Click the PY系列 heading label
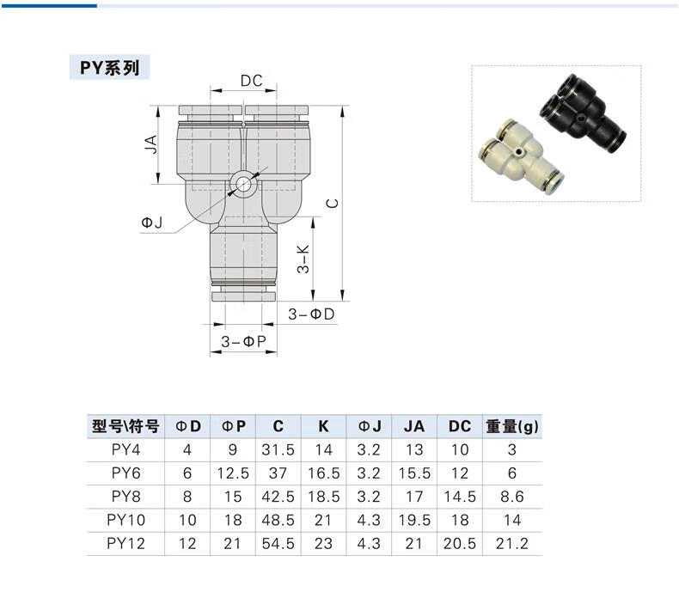click(109, 67)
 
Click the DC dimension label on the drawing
click(251, 82)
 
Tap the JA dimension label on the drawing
click(151, 144)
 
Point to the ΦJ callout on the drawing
click(152, 223)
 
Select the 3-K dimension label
click(303, 260)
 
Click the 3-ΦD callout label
click(311, 314)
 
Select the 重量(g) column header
click(511, 425)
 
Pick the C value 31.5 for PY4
click(278, 449)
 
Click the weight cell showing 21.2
click(511, 544)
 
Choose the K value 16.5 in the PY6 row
click(323, 473)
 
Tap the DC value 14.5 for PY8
click(460, 497)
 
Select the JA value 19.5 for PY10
click(413, 520)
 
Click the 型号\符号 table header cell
click(125, 425)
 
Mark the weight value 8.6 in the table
click(511, 497)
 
